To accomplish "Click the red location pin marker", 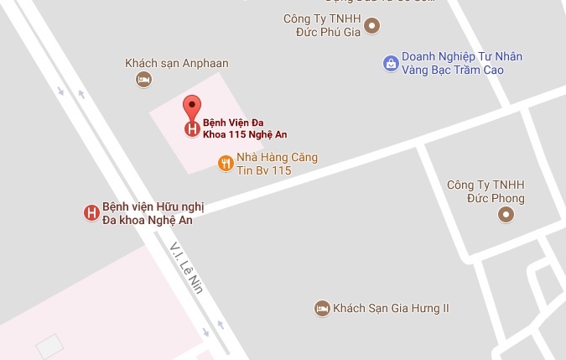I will (x=193, y=108).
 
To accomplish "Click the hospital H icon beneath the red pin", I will (x=193, y=129).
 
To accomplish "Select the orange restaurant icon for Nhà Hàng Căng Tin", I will (x=225, y=163).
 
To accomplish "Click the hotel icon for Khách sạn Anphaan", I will (x=143, y=80).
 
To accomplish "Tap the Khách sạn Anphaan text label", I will (x=176, y=63).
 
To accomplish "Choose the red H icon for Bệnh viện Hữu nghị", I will (x=91, y=213).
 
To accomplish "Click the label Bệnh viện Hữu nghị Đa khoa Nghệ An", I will (x=152, y=213).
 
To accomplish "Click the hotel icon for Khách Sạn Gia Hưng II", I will (x=321, y=309).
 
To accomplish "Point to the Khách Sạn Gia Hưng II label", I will (x=392, y=309).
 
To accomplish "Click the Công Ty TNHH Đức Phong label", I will (x=486, y=191).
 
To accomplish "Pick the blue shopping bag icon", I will (x=390, y=62).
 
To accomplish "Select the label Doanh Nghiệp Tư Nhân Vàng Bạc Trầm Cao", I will (x=461, y=63).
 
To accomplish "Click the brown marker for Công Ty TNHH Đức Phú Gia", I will (x=372, y=26).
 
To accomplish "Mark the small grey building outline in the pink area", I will (x=49, y=346).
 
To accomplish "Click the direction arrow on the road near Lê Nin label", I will (x=220, y=325).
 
